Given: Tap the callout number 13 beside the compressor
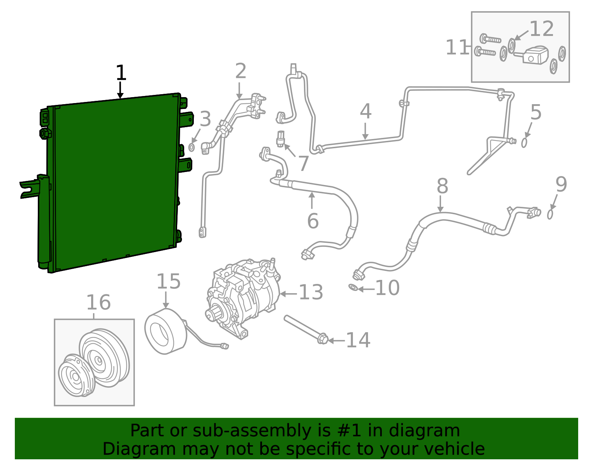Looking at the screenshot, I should click(311, 292).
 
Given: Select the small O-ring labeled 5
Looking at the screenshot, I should click(524, 142).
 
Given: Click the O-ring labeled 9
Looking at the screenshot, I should click(550, 214).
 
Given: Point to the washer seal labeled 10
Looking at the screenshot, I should click(353, 287).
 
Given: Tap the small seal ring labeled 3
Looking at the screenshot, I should click(191, 148).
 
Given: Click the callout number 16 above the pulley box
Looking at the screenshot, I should click(98, 302).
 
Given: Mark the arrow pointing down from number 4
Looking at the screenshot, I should click(365, 131).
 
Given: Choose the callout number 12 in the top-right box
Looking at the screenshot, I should click(541, 29).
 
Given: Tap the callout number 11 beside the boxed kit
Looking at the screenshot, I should click(457, 47).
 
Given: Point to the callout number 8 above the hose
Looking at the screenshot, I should click(442, 186).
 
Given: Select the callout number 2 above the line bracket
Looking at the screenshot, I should click(241, 71).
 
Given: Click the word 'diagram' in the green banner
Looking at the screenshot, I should click(432, 431).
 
